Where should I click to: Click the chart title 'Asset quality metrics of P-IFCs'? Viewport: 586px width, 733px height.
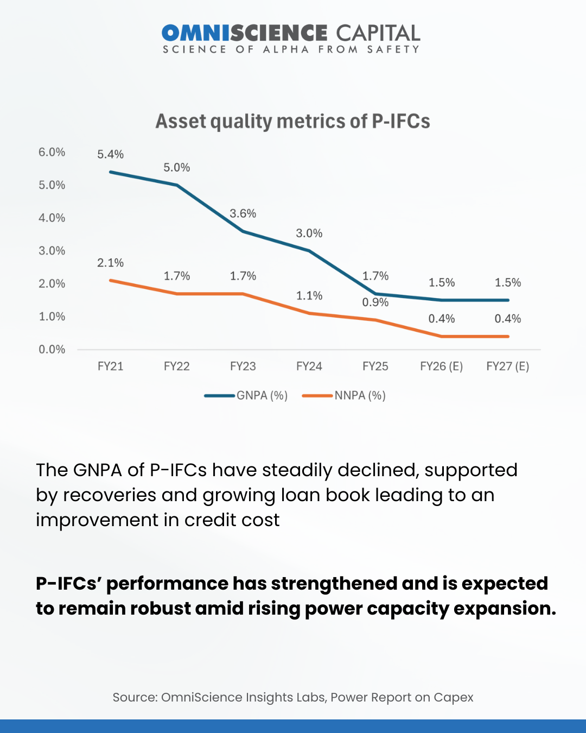[x=292, y=121]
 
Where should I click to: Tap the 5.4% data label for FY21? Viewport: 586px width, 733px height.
[x=110, y=155]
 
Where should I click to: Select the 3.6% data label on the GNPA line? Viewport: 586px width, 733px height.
[x=243, y=213]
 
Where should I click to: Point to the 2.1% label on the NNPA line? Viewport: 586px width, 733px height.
[x=110, y=263]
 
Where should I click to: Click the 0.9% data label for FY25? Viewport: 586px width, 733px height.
[x=375, y=302]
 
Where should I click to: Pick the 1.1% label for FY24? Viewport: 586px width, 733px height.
[x=309, y=296]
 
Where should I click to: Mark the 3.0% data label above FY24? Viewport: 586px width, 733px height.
[x=309, y=233]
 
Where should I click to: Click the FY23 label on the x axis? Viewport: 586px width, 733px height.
[x=243, y=366]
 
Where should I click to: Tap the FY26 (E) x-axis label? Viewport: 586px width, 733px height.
[x=441, y=366]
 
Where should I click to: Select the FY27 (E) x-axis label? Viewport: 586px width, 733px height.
[x=507, y=366]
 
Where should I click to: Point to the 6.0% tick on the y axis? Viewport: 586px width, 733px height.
[x=52, y=153]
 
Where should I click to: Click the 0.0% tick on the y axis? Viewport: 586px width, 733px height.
[x=52, y=350]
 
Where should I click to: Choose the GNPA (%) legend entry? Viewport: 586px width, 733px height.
[x=262, y=396]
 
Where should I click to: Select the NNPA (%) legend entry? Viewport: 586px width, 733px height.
[x=360, y=396]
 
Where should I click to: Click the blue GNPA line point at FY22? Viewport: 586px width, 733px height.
[x=177, y=185]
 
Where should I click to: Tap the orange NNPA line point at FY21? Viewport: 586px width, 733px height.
[x=110, y=280]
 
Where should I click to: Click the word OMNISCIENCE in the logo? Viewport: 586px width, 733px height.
[x=244, y=33]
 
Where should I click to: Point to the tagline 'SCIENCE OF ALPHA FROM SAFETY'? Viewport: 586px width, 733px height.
[x=291, y=49]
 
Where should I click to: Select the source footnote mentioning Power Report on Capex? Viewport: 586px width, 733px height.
[x=293, y=697]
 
